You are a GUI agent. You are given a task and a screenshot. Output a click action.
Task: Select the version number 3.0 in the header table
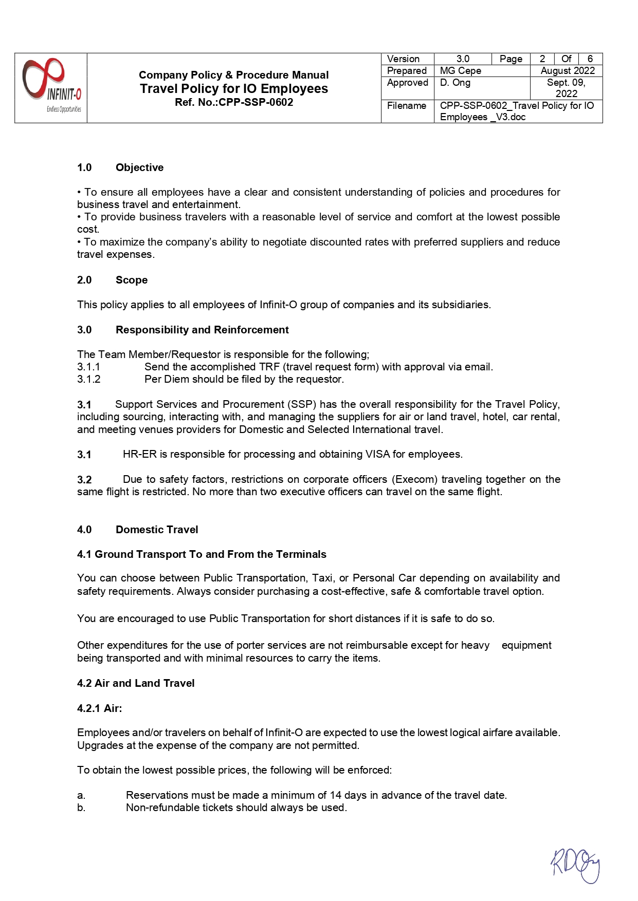pyautogui.click(x=463, y=59)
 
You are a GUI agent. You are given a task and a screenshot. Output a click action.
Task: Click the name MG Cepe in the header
pyautogui.click(x=461, y=71)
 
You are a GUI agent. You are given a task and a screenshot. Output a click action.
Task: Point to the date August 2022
pyautogui.click(x=568, y=71)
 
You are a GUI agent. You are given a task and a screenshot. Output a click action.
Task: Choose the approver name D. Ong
pyautogui.click(x=455, y=83)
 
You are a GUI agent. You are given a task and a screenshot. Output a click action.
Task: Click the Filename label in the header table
pyautogui.click(x=407, y=106)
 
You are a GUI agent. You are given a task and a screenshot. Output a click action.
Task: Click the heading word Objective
pyautogui.click(x=139, y=167)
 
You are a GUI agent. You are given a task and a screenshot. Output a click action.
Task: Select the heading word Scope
pyautogui.click(x=132, y=280)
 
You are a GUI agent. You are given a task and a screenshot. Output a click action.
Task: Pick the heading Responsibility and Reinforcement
pyautogui.click(x=202, y=330)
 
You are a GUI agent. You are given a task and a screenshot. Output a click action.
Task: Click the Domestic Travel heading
pyautogui.click(x=157, y=530)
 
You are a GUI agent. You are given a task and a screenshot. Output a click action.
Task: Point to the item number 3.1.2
pyautogui.click(x=89, y=379)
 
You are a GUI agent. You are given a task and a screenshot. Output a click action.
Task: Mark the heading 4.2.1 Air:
pyautogui.click(x=100, y=708)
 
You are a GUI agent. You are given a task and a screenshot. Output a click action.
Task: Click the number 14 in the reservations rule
pyautogui.click(x=336, y=795)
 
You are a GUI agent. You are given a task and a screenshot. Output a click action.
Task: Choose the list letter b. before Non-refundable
pyautogui.click(x=81, y=808)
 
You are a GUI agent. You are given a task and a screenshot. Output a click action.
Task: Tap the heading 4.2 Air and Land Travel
pyautogui.click(x=136, y=683)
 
